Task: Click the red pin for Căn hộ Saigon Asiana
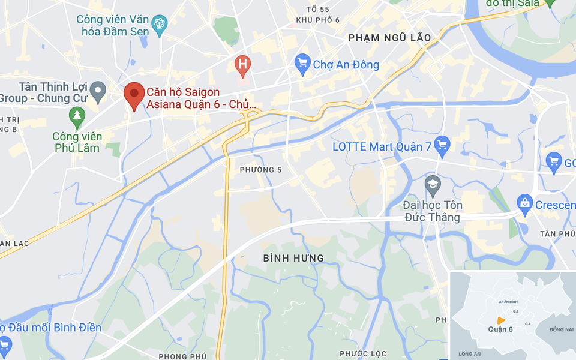pos(134,95)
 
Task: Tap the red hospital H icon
pos(242,64)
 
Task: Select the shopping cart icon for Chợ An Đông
pos(302,64)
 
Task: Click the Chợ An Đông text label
pos(346,64)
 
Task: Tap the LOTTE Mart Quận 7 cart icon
pos(442,145)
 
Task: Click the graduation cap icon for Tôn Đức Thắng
pos(433,185)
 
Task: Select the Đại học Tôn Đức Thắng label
pos(433,211)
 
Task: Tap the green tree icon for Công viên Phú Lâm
pos(77,116)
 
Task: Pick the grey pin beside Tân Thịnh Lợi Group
pos(98,92)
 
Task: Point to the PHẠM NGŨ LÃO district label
pos(390,38)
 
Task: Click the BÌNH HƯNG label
pos(293,258)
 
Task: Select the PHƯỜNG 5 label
pos(260,170)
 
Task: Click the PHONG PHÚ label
pos(182,356)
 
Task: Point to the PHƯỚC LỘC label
pos(362,353)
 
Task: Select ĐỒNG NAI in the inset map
pos(561,329)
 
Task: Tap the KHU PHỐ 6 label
pos(318,20)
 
